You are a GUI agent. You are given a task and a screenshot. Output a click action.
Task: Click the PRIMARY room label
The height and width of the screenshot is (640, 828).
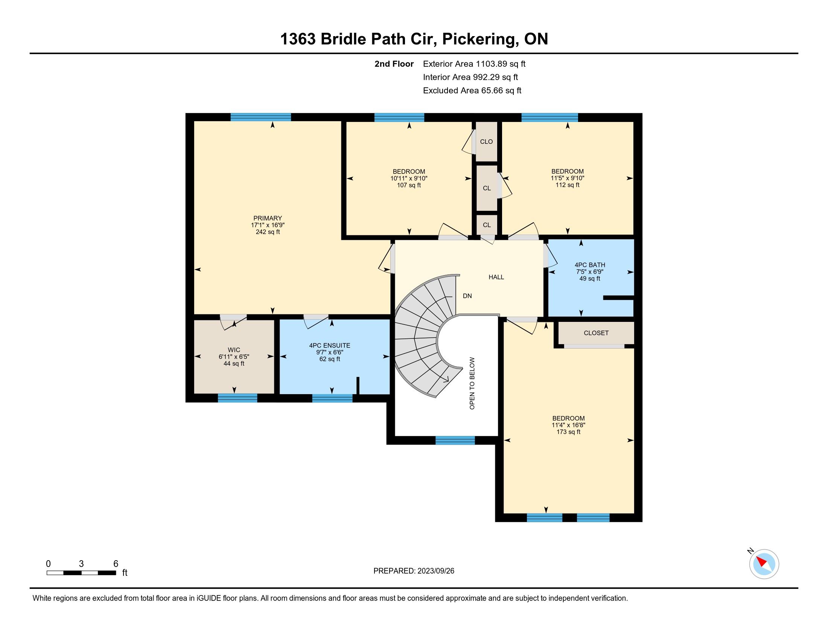point(268,218)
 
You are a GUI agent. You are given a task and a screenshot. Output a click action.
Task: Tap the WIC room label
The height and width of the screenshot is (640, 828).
point(234,350)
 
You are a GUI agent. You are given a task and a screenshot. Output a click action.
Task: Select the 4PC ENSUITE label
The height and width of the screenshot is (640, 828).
point(329,345)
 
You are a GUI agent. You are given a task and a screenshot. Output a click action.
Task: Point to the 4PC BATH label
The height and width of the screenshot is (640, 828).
point(590,265)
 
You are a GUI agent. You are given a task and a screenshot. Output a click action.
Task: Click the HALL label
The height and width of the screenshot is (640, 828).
point(496,277)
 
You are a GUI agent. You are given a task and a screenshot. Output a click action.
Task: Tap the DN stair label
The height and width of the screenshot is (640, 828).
point(467,296)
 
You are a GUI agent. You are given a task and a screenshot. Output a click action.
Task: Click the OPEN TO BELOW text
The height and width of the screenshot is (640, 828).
point(472,383)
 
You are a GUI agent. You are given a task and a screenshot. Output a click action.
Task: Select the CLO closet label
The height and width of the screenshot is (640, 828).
point(486,142)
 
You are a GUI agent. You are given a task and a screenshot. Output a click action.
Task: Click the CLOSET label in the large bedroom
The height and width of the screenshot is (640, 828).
point(596,333)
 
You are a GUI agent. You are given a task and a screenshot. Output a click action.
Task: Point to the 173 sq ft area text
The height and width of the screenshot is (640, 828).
point(568,432)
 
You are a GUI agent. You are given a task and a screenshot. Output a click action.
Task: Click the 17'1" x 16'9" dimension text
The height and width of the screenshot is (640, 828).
point(268,225)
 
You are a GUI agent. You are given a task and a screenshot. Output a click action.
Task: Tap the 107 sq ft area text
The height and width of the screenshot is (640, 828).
point(409,185)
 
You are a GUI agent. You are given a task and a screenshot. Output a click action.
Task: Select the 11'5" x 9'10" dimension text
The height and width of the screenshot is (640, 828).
point(568,178)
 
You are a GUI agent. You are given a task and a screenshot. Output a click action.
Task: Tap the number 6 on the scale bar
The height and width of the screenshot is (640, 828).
point(116,564)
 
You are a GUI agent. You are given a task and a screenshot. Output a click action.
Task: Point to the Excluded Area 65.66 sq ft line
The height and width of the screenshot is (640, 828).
point(472,91)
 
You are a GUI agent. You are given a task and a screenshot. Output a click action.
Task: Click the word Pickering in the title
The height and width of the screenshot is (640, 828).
point(480,39)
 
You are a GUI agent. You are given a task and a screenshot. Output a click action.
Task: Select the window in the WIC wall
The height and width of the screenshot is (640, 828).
point(237,398)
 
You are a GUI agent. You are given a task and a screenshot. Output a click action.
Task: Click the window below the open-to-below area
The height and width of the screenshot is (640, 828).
point(455,440)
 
